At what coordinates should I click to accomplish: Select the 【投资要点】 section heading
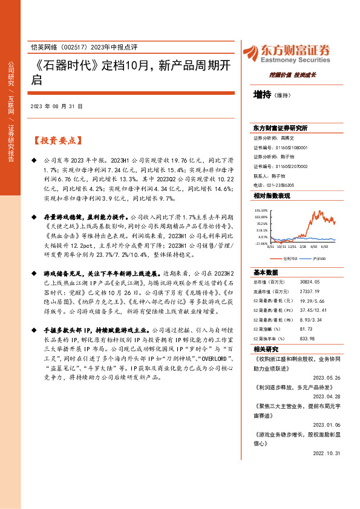coord(57,140)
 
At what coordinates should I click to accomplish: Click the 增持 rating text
coord(262,94)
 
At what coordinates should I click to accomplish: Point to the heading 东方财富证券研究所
coord(280,129)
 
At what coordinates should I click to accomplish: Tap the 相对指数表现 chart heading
coord(272,196)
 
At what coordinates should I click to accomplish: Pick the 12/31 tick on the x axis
coord(293,247)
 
